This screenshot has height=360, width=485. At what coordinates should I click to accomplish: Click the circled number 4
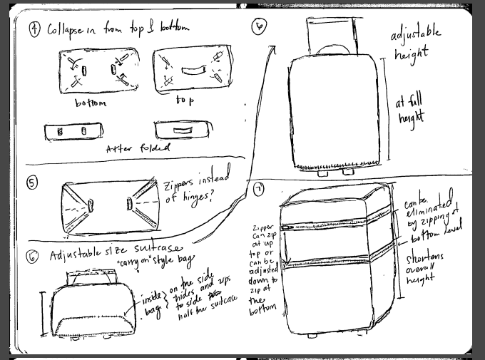(34, 29)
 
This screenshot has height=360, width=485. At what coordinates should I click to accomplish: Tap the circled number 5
(32, 183)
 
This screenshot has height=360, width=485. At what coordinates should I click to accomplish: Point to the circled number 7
(259, 190)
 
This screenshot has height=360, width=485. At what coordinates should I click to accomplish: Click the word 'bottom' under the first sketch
(91, 103)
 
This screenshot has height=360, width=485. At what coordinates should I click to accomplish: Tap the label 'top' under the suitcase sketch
(185, 101)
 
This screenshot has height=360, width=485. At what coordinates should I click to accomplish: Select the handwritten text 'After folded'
(138, 148)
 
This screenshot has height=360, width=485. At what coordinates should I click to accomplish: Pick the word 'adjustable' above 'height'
(416, 34)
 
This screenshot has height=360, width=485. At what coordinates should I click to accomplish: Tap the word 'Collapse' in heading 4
(68, 29)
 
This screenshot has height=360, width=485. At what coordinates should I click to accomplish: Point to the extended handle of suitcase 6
(333, 32)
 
